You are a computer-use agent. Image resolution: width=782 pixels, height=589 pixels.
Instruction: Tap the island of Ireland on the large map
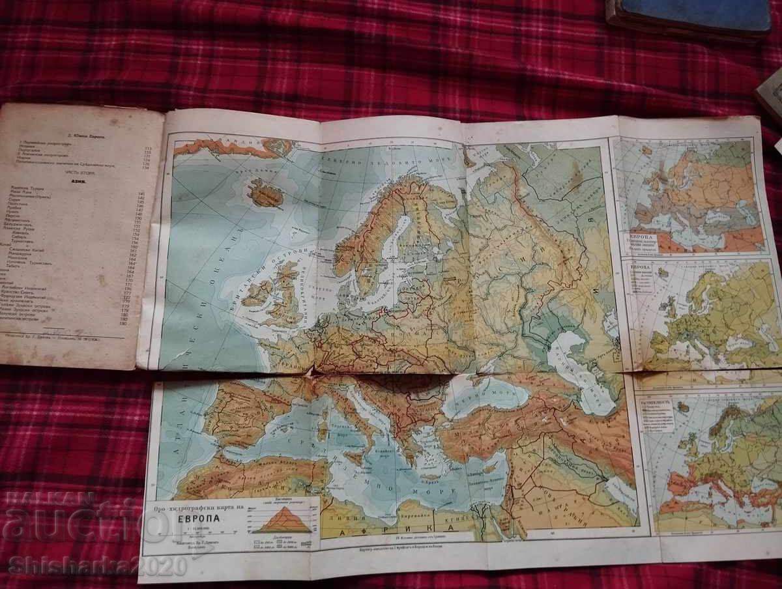click(x=258, y=293)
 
